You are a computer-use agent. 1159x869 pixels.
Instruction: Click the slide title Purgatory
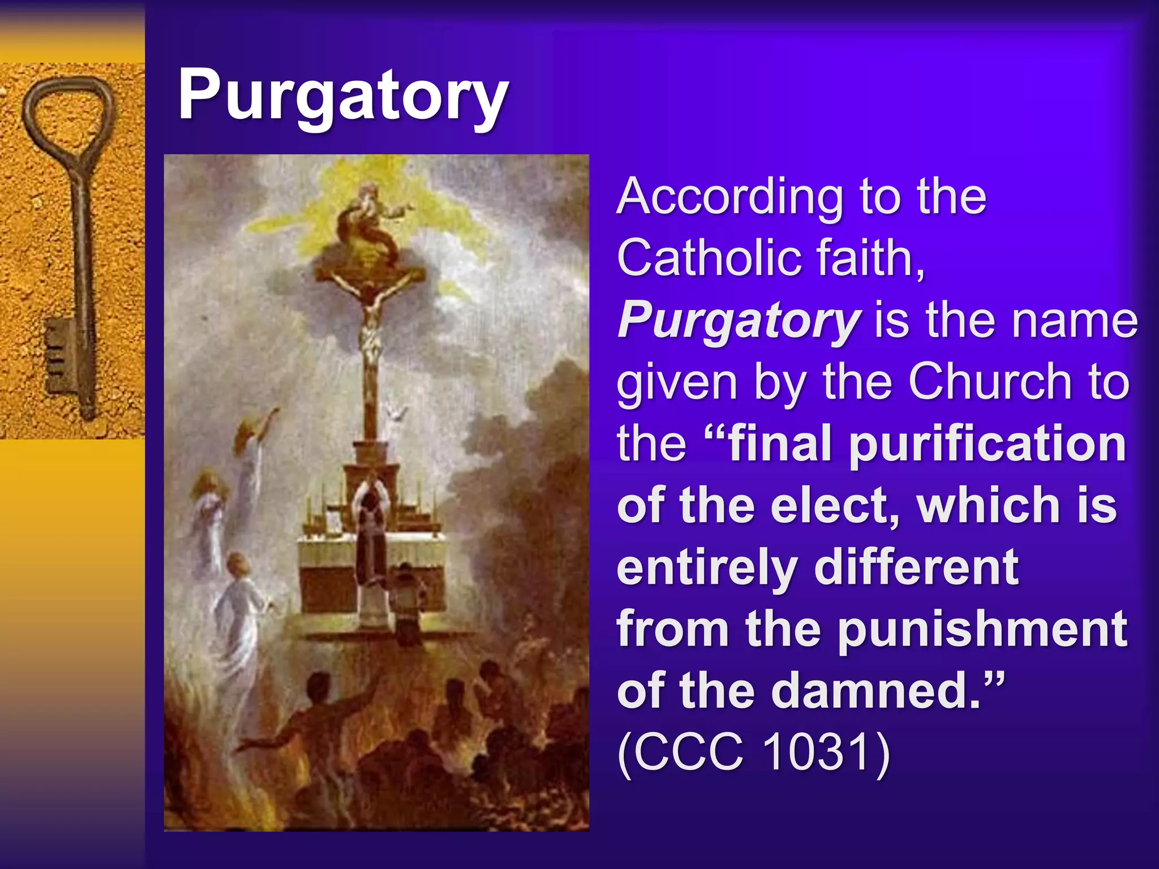[343, 95]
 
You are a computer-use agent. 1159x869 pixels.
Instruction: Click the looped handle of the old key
[68, 119]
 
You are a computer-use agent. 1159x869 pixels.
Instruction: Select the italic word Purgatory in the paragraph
[739, 320]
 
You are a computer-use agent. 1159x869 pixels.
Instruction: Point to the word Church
[990, 382]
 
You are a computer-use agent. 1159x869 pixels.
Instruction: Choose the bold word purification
[988, 444]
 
